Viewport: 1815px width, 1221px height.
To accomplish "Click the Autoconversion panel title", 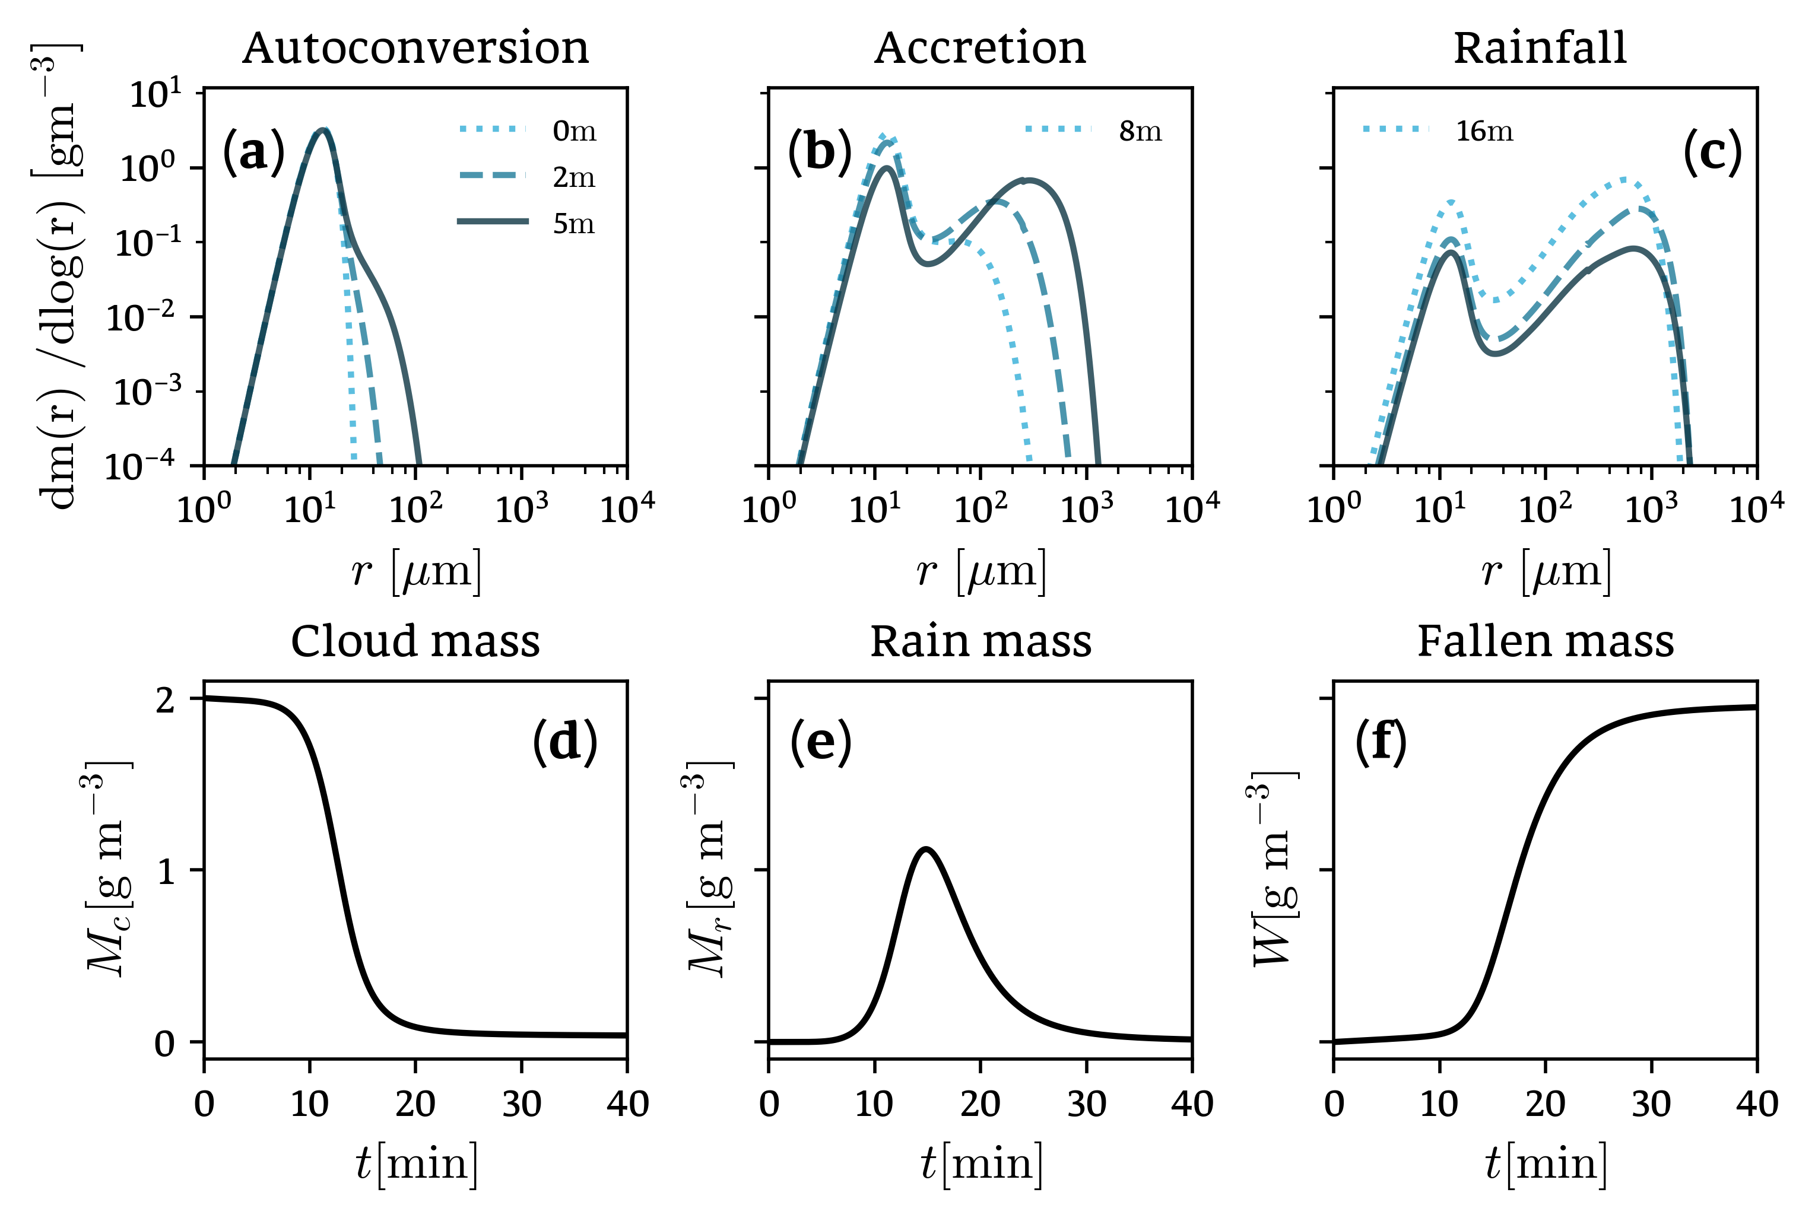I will click(415, 48).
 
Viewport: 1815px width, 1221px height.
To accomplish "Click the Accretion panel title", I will click(979, 48).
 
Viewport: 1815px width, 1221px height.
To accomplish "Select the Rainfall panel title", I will click(1540, 48).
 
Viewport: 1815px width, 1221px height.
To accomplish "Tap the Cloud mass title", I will click(415, 642).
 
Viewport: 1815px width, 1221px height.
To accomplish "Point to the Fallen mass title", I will click(1546, 642).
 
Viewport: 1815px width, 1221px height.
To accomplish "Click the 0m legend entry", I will click(574, 131).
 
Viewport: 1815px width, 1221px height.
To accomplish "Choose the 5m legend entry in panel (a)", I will click(573, 224).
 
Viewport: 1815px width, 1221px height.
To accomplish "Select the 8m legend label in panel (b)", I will click(1140, 131).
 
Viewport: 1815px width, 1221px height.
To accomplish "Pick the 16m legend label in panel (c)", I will click(1484, 131).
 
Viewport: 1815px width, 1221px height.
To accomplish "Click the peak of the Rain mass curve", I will click(926, 849).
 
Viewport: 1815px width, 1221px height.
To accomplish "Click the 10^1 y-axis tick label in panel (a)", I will click(154, 94).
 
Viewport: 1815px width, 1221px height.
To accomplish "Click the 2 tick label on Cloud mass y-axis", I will click(165, 700).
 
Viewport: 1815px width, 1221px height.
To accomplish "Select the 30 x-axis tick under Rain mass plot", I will click(1086, 1104).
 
